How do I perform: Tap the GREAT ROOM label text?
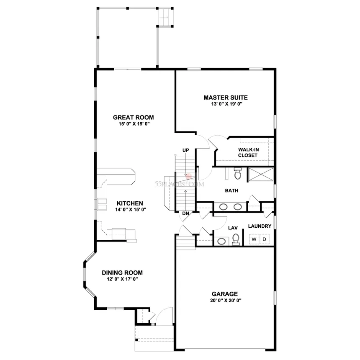pos(133,117)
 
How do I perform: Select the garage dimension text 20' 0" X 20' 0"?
pos(224,300)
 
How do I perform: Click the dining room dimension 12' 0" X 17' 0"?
pos(122,279)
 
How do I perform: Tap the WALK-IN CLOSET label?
pos(247,152)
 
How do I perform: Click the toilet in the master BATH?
pos(238,173)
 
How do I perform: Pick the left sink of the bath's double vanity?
pos(224,206)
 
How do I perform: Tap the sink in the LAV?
pos(221,241)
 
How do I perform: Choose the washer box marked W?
pos(254,239)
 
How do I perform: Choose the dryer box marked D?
pos(264,239)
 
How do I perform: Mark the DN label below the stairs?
pos(185,214)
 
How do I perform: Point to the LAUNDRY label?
pos(260,226)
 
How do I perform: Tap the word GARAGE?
pos(224,293)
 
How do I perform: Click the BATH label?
pos(231,190)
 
